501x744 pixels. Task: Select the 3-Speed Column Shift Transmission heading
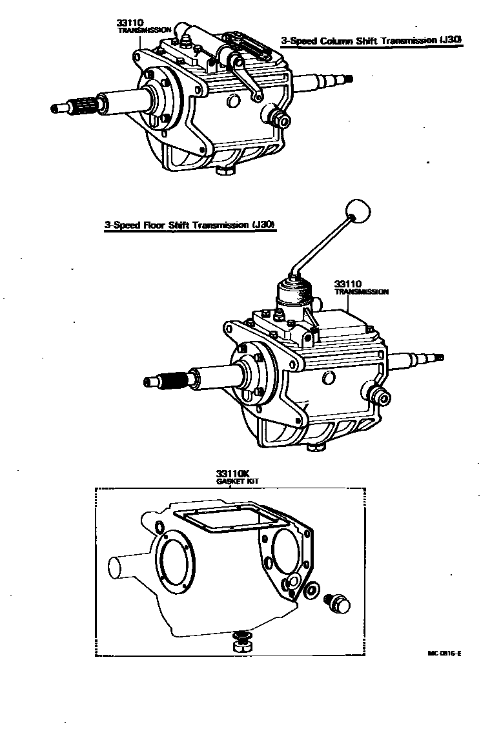(x=372, y=41)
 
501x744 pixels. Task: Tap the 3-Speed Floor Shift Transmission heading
(x=190, y=225)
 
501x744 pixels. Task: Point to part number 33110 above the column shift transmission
(x=130, y=23)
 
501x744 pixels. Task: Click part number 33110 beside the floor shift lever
(x=348, y=284)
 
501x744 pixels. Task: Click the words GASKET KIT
(x=233, y=482)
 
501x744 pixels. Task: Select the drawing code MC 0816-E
(x=444, y=653)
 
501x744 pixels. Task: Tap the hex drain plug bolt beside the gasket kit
(x=337, y=603)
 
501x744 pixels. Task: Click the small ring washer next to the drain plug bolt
(x=311, y=590)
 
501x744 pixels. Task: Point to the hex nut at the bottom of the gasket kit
(x=241, y=643)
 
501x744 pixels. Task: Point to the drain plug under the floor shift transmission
(x=316, y=447)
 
